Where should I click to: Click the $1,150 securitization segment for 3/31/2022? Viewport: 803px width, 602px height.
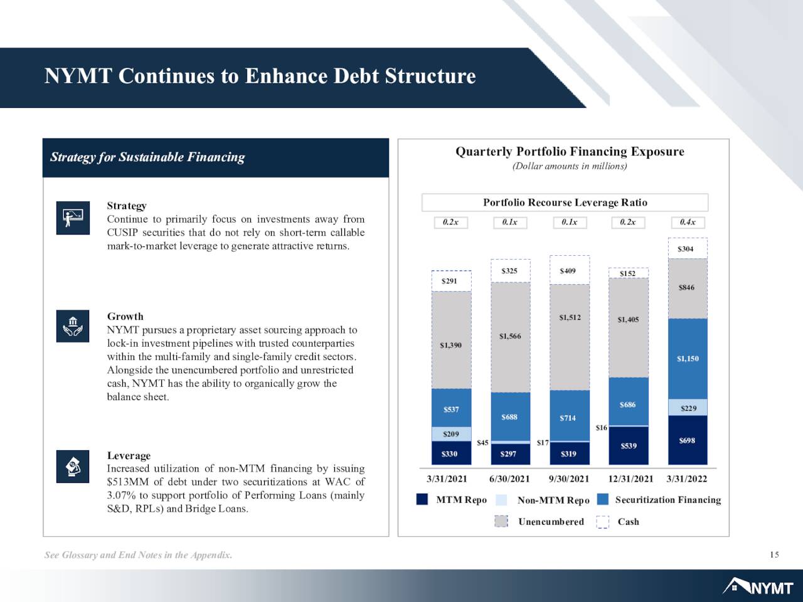pos(688,359)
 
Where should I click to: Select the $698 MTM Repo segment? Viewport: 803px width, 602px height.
pos(688,440)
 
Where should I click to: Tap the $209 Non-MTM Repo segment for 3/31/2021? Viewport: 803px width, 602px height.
pos(452,434)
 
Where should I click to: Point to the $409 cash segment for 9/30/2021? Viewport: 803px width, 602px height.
pos(570,270)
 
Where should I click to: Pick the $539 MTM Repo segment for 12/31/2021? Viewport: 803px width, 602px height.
pos(629,446)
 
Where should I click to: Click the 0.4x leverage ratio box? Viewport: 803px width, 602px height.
pos(688,222)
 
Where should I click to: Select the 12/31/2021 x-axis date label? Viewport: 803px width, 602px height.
pos(630,479)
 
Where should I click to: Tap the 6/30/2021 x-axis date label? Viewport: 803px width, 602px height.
pos(509,479)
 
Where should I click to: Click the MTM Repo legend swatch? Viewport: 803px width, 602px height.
pos(422,499)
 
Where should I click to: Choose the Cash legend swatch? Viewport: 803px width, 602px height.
pos(602,522)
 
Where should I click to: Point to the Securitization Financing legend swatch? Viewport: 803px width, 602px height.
pos(602,499)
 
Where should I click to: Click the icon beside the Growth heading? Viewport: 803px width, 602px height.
pos(73,326)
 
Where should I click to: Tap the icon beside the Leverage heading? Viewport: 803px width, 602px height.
pos(73,467)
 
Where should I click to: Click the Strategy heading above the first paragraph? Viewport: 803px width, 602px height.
pos(127,206)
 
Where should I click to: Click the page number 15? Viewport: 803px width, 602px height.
pos(775,554)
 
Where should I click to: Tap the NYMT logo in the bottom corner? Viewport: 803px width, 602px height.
pos(758,586)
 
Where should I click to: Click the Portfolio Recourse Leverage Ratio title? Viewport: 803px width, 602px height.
pos(565,203)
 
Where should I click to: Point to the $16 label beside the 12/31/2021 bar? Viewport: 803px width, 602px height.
pos(602,427)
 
